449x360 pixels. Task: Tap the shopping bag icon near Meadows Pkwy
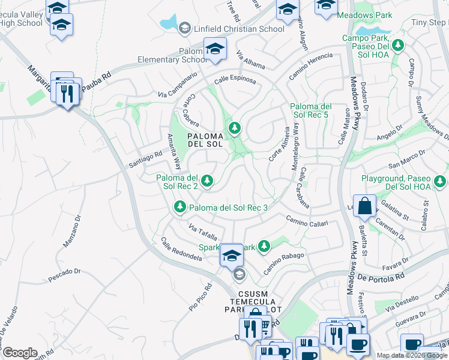coord(364,206)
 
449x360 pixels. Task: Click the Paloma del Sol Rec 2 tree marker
coord(207,180)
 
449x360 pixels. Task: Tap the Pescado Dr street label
coord(64,275)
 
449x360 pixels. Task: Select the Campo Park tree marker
coord(397,44)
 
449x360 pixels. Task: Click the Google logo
coord(19,353)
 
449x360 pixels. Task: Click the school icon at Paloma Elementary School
coord(214,49)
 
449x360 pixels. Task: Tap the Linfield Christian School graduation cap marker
coord(184,28)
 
